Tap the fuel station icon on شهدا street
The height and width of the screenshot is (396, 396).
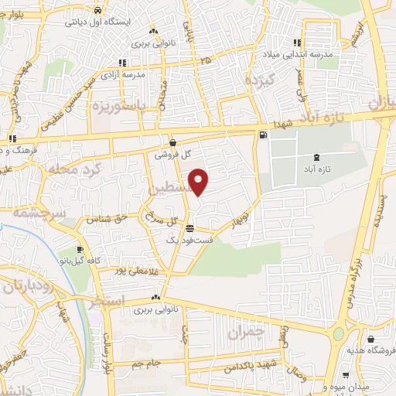pyautogui.click(x=265, y=136)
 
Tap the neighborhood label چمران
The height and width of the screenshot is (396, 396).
pyautogui.click(x=247, y=333)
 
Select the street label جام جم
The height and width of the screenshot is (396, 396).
pyautogui.click(x=145, y=363)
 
